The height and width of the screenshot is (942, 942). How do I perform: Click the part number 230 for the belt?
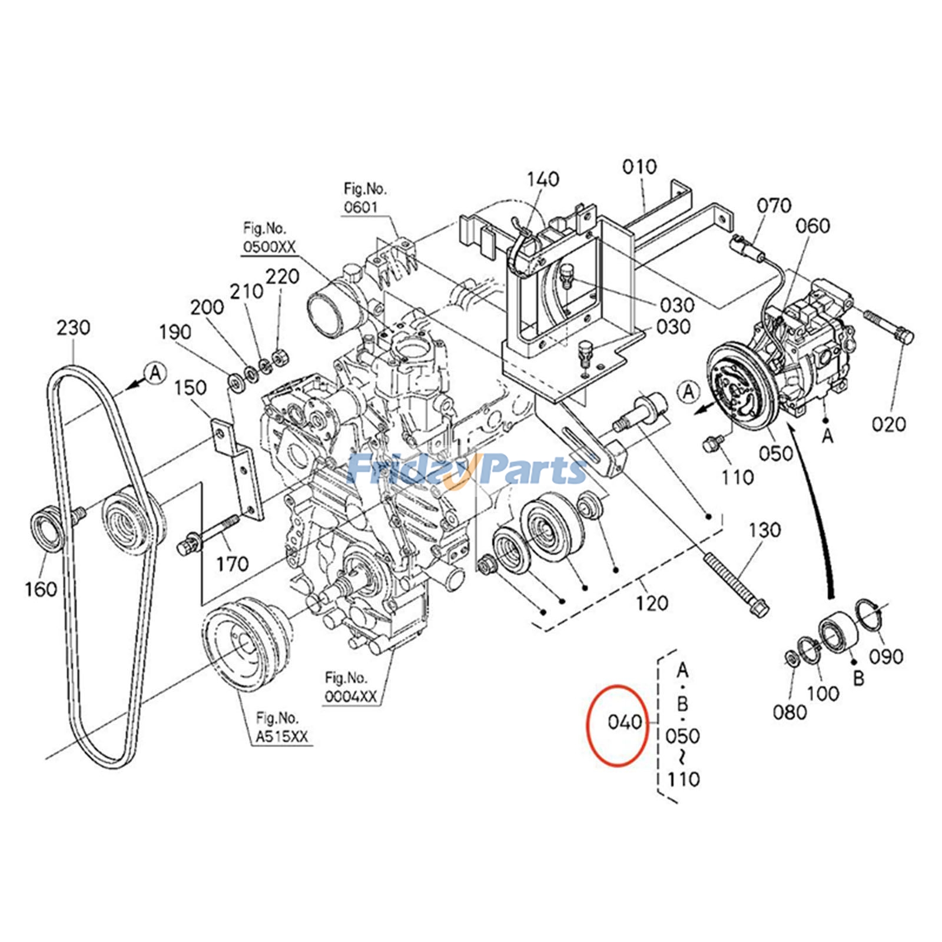pyautogui.click(x=74, y=328)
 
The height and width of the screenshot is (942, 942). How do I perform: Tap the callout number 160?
pyautogui.click(x=41, y=588)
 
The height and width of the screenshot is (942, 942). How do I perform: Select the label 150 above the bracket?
pyautogui.click(x=191, y=388)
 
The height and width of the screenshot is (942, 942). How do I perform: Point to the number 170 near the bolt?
pyautogui.click(x=232, y=565)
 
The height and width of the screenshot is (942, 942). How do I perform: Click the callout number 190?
pyautogui.click(x=175, y=332)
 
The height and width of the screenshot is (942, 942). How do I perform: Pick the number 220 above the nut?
pyautogui.click(x=283, y=276)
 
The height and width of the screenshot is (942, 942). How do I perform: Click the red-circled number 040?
pyautogui.click(x=624, y=722)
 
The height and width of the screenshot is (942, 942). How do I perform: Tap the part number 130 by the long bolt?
pyautogui.click(x=764, y=530)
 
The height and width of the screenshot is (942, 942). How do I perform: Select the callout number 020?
pyautogui.click(x=889, y=424)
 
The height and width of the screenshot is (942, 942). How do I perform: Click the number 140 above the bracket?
pyautogui.click(x=543, y=179)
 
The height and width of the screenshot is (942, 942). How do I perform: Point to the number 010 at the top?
pyautogui.click(x=639, y=167)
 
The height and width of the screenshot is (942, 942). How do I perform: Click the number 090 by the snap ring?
pyautogui.click(x=887, y=656)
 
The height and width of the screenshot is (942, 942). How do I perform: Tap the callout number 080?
pyautogui.click(x=790, y=712)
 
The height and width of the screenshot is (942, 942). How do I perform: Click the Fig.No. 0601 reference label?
pyautogui.click(x=365, y=198)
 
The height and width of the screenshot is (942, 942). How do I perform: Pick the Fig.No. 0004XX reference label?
pyautogui.click(x=350, y=686)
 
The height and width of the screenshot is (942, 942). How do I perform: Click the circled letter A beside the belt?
pyautogui.click(x=155, y=373)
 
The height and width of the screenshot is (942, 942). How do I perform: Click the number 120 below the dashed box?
pyautogui.click(x=652, y=603)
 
